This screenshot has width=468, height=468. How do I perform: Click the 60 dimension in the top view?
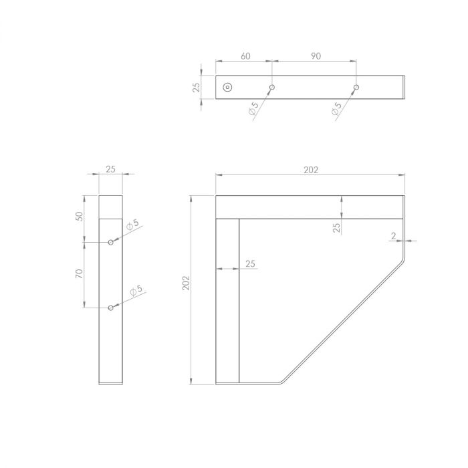click(x=245, y=56)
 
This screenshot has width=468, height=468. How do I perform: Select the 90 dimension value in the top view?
click(x=316, y=56)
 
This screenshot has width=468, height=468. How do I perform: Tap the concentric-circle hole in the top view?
click(x=227, y=87)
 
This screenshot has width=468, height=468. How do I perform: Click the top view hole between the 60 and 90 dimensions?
click(x=272, y=87)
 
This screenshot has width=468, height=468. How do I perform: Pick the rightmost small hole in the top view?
click(x=356, y=87)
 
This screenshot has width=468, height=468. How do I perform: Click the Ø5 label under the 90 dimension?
click(x=336, y=110)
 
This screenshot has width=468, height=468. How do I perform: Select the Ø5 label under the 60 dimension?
click(x=253, y=110)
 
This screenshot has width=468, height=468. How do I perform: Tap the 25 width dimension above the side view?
click(x=111, y=169)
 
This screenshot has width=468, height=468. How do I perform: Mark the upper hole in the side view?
click(x=111, y=242)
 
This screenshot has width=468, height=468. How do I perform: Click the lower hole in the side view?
click(x=111, y=308)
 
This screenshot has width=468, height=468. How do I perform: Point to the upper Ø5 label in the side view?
click(x=132, y=224)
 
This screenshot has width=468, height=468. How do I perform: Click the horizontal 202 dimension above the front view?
click(x=310, y=170)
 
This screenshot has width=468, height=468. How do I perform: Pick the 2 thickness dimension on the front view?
click(x=394, y=235)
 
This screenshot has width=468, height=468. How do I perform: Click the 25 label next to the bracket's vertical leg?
click(x=250, y=264)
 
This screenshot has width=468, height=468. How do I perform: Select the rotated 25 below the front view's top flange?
click(x=337, y=228)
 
